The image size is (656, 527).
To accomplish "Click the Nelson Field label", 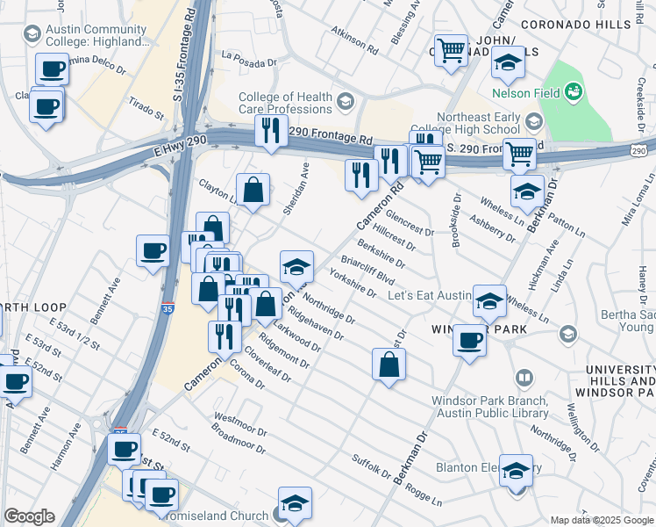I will pos(525,90).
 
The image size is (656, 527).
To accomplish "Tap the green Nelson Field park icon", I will pos(574,90).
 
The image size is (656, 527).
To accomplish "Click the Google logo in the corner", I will pos(29,516).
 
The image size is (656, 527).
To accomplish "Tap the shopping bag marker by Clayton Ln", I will pos(253,190).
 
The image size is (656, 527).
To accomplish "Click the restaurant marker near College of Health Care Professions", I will pos(269,131).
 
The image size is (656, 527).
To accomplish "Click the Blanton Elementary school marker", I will pos(516,471).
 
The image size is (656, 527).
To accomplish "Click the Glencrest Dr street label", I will pos(410,225).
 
